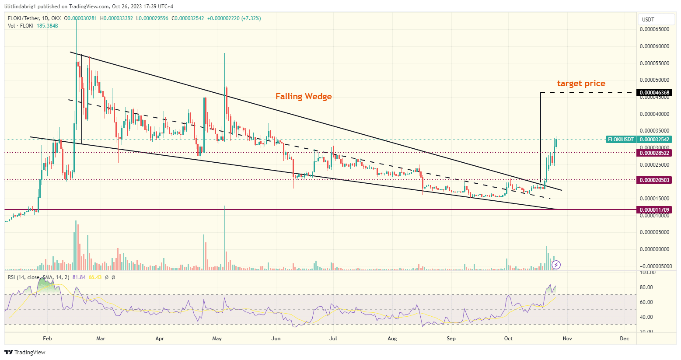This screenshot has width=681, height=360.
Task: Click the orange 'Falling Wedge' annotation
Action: click(x=304, y=97)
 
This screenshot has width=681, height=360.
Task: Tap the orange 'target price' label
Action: click(x=581, y=84)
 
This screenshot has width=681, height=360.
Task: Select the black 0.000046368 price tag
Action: click(x=655, y=93)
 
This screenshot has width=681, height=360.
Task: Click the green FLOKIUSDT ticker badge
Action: click(x=621, y=140)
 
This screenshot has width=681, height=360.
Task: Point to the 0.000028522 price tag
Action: click(x=655, y=153)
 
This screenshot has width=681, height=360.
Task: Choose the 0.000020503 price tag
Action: click(x=655, y=180)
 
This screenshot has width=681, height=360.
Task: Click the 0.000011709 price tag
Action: click(x=655, y=210)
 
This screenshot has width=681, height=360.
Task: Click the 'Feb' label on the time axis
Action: click(x=47, y=339)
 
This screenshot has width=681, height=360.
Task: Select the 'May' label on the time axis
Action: click(x=217, y=339)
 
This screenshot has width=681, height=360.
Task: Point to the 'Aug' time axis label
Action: click(x=392, y=339)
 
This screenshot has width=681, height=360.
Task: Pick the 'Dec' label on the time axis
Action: click(x=625, y=339)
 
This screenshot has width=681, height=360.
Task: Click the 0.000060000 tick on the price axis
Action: click(x=654, y=46)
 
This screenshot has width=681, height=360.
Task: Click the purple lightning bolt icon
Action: click(x=556, y=265)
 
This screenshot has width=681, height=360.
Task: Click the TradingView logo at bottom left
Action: click(x=25, y=352)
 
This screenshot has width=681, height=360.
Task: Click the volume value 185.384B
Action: click(x=48, y=26)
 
